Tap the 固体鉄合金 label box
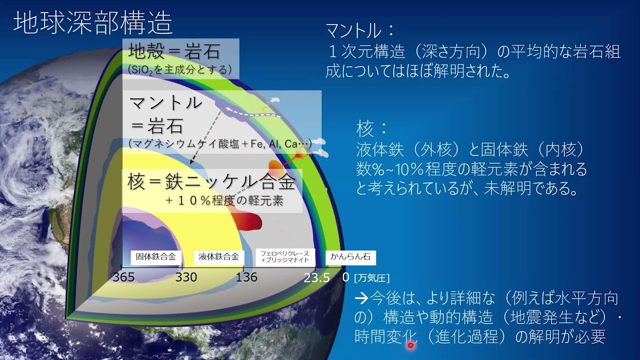pyautogui.click(x=156, y=257)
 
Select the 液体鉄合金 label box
pyautogui.click(x=218, y=257)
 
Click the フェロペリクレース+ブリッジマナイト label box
pyautogui.click(x=285, y=257)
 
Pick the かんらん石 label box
pyautogui.click(x=350, y=257)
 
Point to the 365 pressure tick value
pyautogui.click(x=123, y=277)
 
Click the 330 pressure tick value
pyautogui.click(x=186, y=277)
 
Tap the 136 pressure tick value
pyautogui.click(x=246, y=277)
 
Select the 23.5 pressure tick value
pyautogui.click(x=316, y=277)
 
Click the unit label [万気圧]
pyautogui.click(x=371, y=277)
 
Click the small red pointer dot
pyautogui.click(x=410, y=345)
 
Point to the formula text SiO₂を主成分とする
pyautogui.click(x=180, y=69)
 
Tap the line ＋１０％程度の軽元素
pyautogui.click(x=225, y=201)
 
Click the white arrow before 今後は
pyautogui.click(x=361, y=299)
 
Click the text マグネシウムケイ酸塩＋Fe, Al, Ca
pyautogui.click(x=220, y=144)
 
